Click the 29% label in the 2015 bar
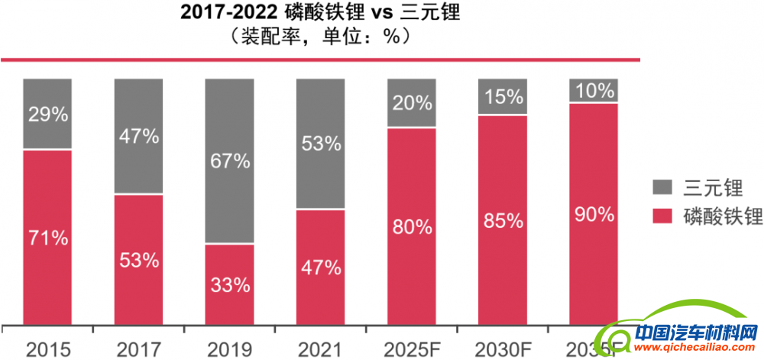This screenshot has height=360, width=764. (x=47, y=115)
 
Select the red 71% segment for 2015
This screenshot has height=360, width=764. (x=47, y=238)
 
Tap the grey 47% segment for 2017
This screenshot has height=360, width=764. (x=138, y=136)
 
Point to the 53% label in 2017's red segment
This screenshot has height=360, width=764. (x=138, y=260)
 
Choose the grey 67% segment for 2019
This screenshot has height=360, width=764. (x=229, y=161)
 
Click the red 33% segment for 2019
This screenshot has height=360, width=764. (x=229, y=285)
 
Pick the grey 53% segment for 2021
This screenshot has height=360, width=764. (x=320, y=144)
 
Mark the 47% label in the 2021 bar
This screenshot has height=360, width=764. (x=320, y=268)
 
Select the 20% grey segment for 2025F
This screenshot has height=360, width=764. (x=411, y=103)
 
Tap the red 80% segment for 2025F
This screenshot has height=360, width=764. (x=411, y=226)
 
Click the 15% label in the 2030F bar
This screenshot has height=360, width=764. (x=503, y=97)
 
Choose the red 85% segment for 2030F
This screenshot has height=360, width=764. (x=503, y=221)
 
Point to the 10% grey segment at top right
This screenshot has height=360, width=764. (x=594, y=90)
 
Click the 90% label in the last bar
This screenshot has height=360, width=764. (x=594, y=214)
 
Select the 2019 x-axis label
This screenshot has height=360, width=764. (x=229, y=349)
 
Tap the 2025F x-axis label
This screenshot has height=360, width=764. (x=411, y=349)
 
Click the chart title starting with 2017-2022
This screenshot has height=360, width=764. (x=321, y=13)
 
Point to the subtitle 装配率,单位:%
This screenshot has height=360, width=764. (x=321, y=36)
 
